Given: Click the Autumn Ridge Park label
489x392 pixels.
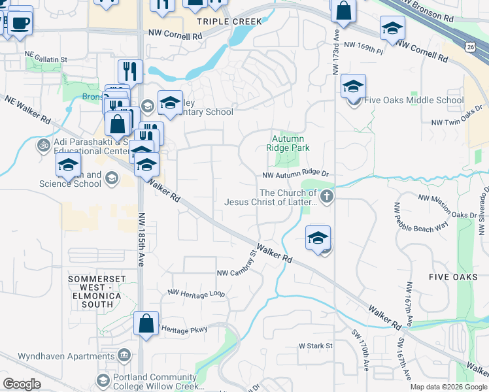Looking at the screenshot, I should (291, 143).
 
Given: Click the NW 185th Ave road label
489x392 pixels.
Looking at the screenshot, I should (141, 238).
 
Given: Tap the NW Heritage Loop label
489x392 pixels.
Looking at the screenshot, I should (196, 294).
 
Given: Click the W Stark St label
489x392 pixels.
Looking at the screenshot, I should (316, 345).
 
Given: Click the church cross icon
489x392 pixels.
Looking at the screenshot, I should (326, 196).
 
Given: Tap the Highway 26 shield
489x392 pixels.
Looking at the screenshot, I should (471, 46).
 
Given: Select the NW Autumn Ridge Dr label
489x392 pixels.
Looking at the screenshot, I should (294, 175).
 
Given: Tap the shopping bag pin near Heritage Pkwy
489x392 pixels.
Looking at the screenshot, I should (146, 323).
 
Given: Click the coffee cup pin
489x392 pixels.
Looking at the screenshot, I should (20, 22).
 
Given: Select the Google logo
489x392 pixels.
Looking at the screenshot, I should (22, 384).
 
